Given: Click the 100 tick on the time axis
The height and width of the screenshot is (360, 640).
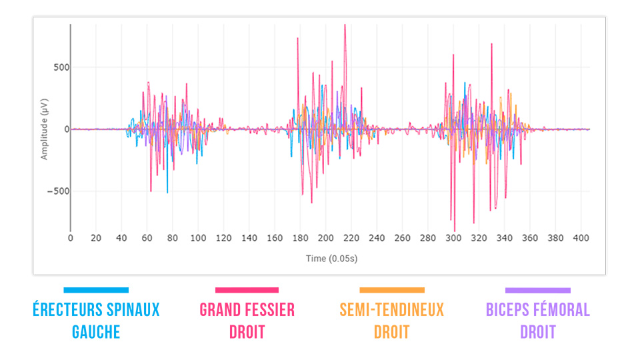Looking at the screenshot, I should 198,237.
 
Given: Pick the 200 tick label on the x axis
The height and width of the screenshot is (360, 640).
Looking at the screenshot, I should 326,237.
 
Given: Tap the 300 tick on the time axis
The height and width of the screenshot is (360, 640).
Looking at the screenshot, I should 453,237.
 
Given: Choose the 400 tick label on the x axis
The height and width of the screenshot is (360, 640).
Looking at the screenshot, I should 581,237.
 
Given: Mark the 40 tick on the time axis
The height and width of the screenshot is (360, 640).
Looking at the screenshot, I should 121,237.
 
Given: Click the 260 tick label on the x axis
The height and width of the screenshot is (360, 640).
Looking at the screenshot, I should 402,237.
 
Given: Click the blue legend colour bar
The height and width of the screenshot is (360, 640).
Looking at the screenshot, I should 96,290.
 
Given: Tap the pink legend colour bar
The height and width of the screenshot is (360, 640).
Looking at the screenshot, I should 247,290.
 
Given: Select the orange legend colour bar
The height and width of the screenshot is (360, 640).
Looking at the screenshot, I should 392,290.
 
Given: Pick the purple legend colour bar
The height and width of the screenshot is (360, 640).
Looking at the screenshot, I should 538,290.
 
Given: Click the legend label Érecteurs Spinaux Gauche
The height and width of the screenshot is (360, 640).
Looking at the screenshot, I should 96,320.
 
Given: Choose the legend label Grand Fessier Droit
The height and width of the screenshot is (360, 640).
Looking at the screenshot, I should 247,320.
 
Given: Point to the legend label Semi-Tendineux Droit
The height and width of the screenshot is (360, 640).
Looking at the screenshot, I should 392,320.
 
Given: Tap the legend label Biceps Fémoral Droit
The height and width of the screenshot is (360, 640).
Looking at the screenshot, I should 538,320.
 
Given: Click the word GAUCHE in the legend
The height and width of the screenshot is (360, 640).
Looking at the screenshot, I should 96,331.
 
